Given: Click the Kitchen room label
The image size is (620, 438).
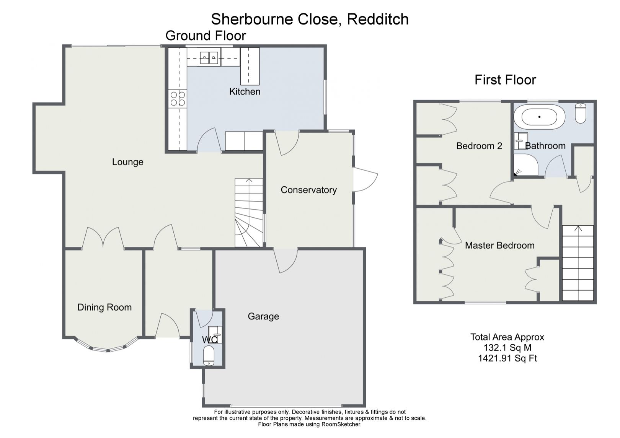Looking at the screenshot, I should pos(245,92).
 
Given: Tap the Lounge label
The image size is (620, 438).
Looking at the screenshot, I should pos(127,162).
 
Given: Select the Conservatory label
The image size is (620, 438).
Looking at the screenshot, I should pos(308,190).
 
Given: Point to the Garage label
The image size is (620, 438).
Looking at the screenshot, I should pos(263,316).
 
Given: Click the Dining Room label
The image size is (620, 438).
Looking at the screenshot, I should pos(104,307).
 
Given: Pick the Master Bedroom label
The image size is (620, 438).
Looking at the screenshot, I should pos(499,246).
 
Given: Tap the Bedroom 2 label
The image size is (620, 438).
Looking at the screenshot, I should pos(479,146).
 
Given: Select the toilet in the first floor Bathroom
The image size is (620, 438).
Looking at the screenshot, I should pos(581,113).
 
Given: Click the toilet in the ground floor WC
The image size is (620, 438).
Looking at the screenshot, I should pos(209,356).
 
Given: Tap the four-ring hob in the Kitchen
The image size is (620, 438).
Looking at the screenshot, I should pos(177,99).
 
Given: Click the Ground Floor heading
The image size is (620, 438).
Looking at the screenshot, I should pos(206,36).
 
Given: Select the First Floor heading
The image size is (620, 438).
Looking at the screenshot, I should pos(505,80).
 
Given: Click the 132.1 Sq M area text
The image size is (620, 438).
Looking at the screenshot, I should pos(507,348).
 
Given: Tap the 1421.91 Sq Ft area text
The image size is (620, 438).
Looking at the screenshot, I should pos(507,358).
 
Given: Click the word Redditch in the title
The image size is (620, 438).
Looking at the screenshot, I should pos(377,19).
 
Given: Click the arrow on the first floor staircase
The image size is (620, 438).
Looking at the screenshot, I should pos(578,229).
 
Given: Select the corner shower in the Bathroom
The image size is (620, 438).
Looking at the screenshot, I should pos(525,165).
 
